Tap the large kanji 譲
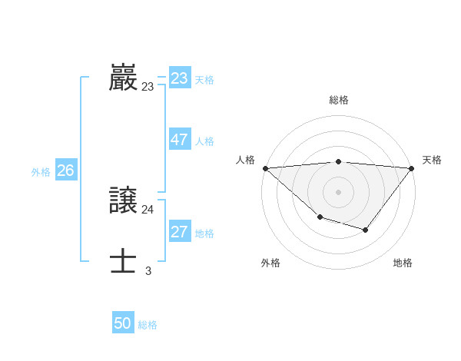124,201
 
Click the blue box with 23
180,78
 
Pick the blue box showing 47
180,140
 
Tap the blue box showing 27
180,232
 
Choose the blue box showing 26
65,171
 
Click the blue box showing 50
123,323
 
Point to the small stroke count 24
148,210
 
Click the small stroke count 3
148,270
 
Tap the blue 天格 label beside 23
204,80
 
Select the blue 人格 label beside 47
204,141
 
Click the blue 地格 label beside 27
204,233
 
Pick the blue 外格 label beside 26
41,172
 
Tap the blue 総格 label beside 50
148,325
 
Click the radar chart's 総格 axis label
339,101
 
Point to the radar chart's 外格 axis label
270,263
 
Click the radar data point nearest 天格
412,168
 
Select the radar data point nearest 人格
265,168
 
